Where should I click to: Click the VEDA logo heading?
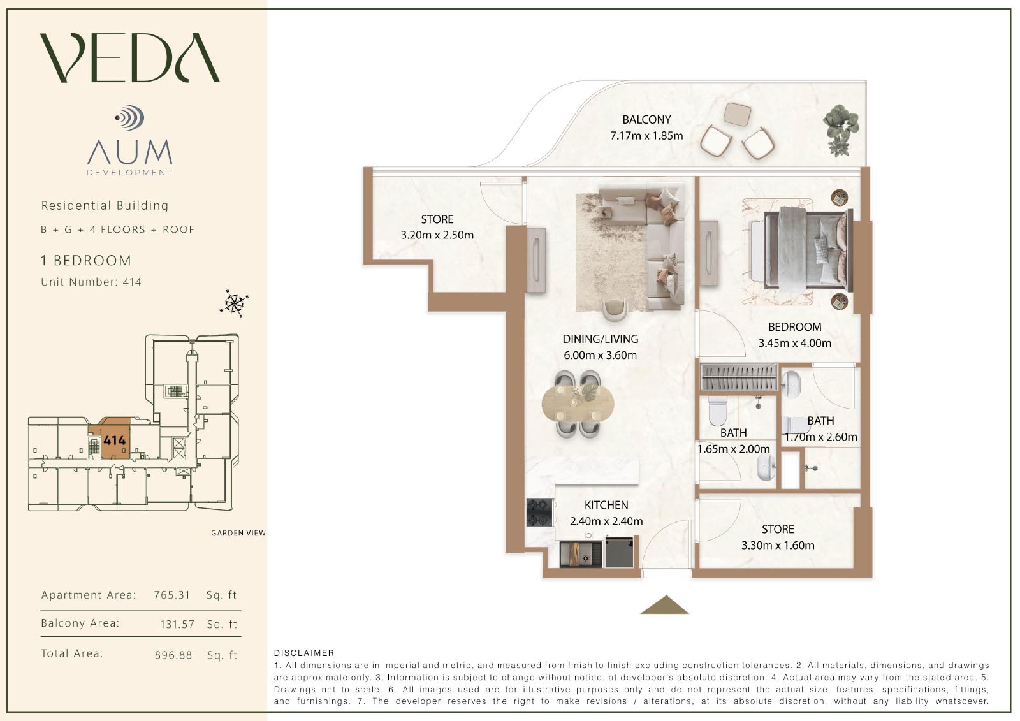tap(130, 58)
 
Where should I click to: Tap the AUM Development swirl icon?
tap(130, 117)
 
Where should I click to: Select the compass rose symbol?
tap(234, 303)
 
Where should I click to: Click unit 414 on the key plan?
tap(114, 440)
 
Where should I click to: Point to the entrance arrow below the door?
tap(665, 604)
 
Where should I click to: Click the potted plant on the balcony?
tap(840, 130)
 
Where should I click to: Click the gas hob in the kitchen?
tap(539, 513)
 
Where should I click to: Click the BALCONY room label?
tap(646, 119)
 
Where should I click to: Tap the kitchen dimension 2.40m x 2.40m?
tap(606, 521)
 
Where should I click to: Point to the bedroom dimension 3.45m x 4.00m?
tap(794, 343)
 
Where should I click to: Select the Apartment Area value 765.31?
tap(171, 595)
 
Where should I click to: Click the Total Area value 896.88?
tap(173, 655)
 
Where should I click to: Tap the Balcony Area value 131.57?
tap(177, 624)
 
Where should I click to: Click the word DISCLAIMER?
tap(303, 653)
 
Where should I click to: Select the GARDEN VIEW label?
tap(238, 533)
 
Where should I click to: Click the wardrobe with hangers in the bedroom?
tap(739, 377)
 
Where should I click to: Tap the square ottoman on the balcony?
tap(737, 114)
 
